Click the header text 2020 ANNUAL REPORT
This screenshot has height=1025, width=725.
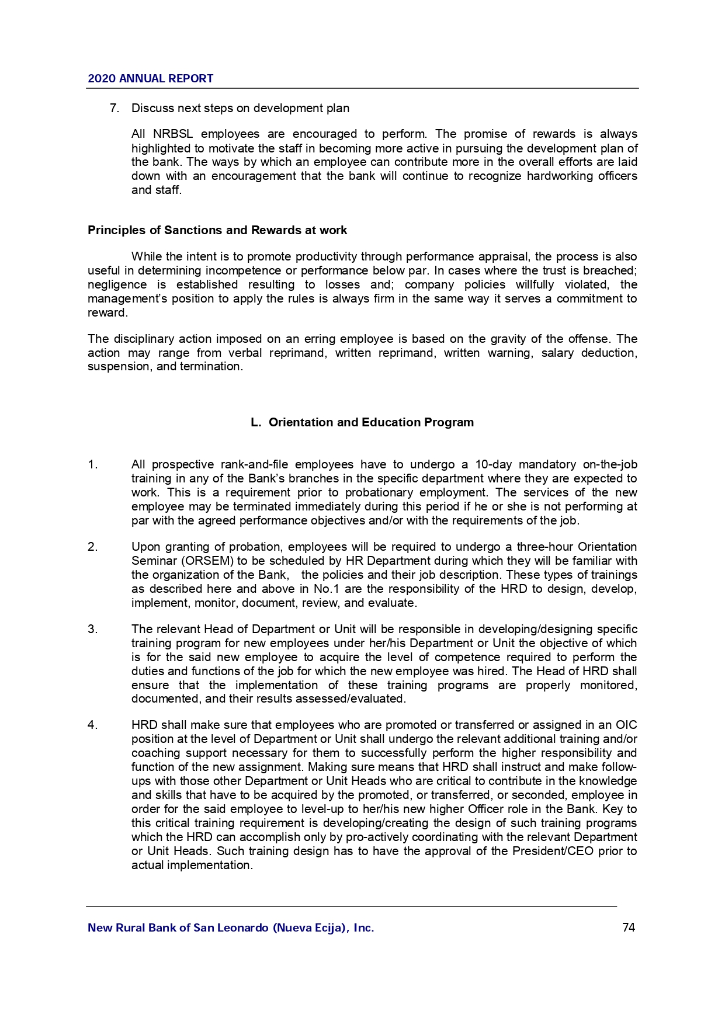[150, 79]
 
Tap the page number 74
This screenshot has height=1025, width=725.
[629, 927]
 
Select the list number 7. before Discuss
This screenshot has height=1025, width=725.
[115, 108]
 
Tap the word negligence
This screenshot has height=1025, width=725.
[117, 284]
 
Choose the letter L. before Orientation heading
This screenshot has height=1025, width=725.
[255, 422]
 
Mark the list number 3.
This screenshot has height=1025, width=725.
[92, 629]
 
